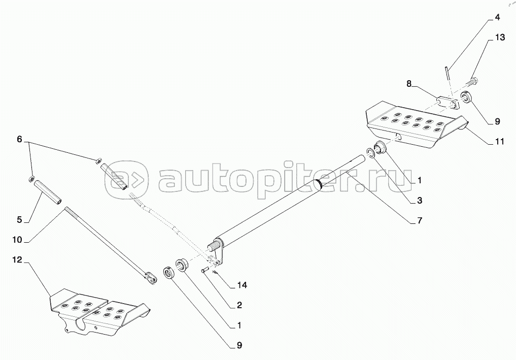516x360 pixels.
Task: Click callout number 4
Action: click(x=497, y=17)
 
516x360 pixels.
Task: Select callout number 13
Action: click(x=500, y=38)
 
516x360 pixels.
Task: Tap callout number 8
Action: click(x=409, y=84)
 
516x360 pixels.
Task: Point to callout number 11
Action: click(x=500, y=142)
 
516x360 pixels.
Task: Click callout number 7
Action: click(x=420, y=220)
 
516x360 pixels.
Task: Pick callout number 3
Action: click(x=420, y=200)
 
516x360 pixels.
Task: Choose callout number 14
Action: click(x=242, y=285)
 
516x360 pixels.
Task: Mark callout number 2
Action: click(x=239, y=305)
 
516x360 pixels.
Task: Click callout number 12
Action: click(x=17, y=260)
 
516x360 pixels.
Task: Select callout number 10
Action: click(x=17, y=240)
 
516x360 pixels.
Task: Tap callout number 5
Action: click(x=19, y=220)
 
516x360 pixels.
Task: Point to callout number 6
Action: click(x=19, y=139)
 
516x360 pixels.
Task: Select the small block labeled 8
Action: click(x=448, y=102)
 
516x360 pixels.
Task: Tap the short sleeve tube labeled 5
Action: click(x=48, y=191)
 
